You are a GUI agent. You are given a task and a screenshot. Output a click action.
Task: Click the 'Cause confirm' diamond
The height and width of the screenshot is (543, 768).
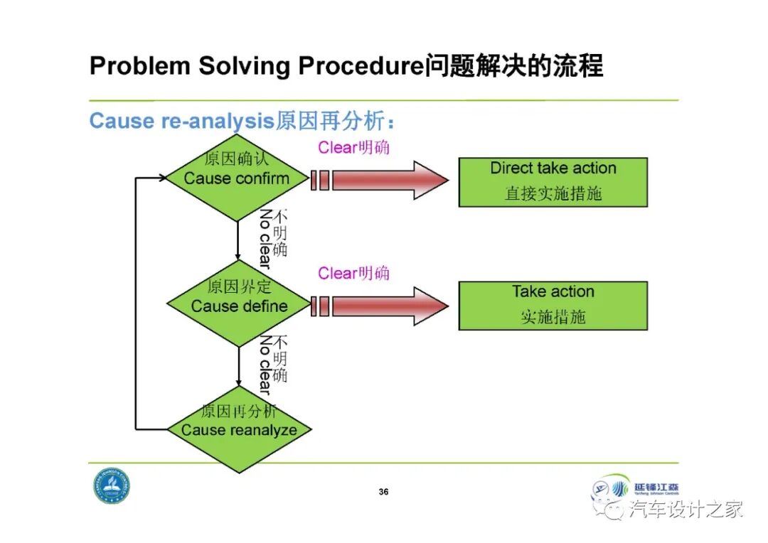click(237, 178)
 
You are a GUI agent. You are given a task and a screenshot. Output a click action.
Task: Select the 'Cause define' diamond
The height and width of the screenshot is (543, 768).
click(240, 306)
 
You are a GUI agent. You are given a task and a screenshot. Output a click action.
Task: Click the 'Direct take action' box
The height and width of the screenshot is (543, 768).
click(553, 182)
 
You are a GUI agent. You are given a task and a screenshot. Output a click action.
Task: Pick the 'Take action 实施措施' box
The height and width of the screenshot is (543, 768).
click(553, 305)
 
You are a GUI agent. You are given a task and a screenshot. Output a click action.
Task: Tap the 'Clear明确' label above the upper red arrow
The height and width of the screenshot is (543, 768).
click(353, 148)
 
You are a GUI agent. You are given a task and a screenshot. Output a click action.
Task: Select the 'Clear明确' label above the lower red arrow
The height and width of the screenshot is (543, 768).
click(353, 274)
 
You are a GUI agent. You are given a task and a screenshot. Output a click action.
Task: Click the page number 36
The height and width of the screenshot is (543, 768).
click(384, 492)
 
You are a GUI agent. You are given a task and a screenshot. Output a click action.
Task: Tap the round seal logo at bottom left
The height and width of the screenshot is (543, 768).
click(112, 486)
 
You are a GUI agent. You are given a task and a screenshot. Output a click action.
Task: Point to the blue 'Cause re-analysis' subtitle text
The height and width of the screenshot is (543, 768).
click(181, 121)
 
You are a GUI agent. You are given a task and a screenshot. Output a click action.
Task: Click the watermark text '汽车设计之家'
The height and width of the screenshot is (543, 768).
click(686, 509)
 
